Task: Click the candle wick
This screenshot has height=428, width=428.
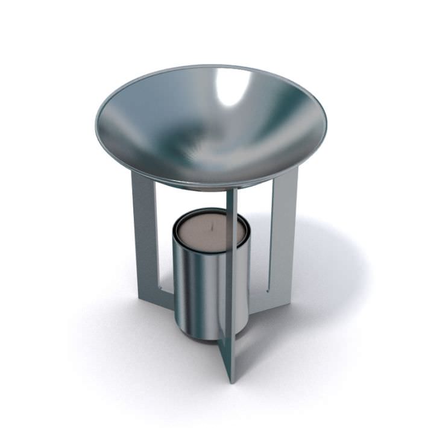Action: point(211,228)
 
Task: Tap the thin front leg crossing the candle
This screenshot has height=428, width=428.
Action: point(230,271)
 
